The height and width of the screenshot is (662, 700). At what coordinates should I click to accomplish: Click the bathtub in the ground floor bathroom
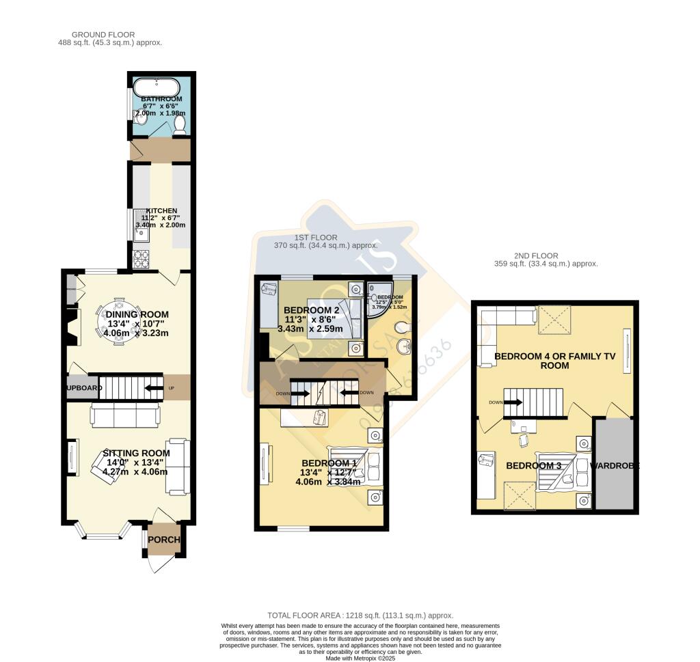click(x=157, y=88)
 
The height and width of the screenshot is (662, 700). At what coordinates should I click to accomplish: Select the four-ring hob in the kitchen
click(x=142, y=260)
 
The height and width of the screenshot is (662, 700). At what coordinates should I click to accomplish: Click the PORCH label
click(x=164, y=540)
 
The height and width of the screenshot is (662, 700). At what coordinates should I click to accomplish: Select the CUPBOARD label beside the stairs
click(x=84, y=388)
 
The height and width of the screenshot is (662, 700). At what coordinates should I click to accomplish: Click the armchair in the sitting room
click(x=106, y=467)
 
